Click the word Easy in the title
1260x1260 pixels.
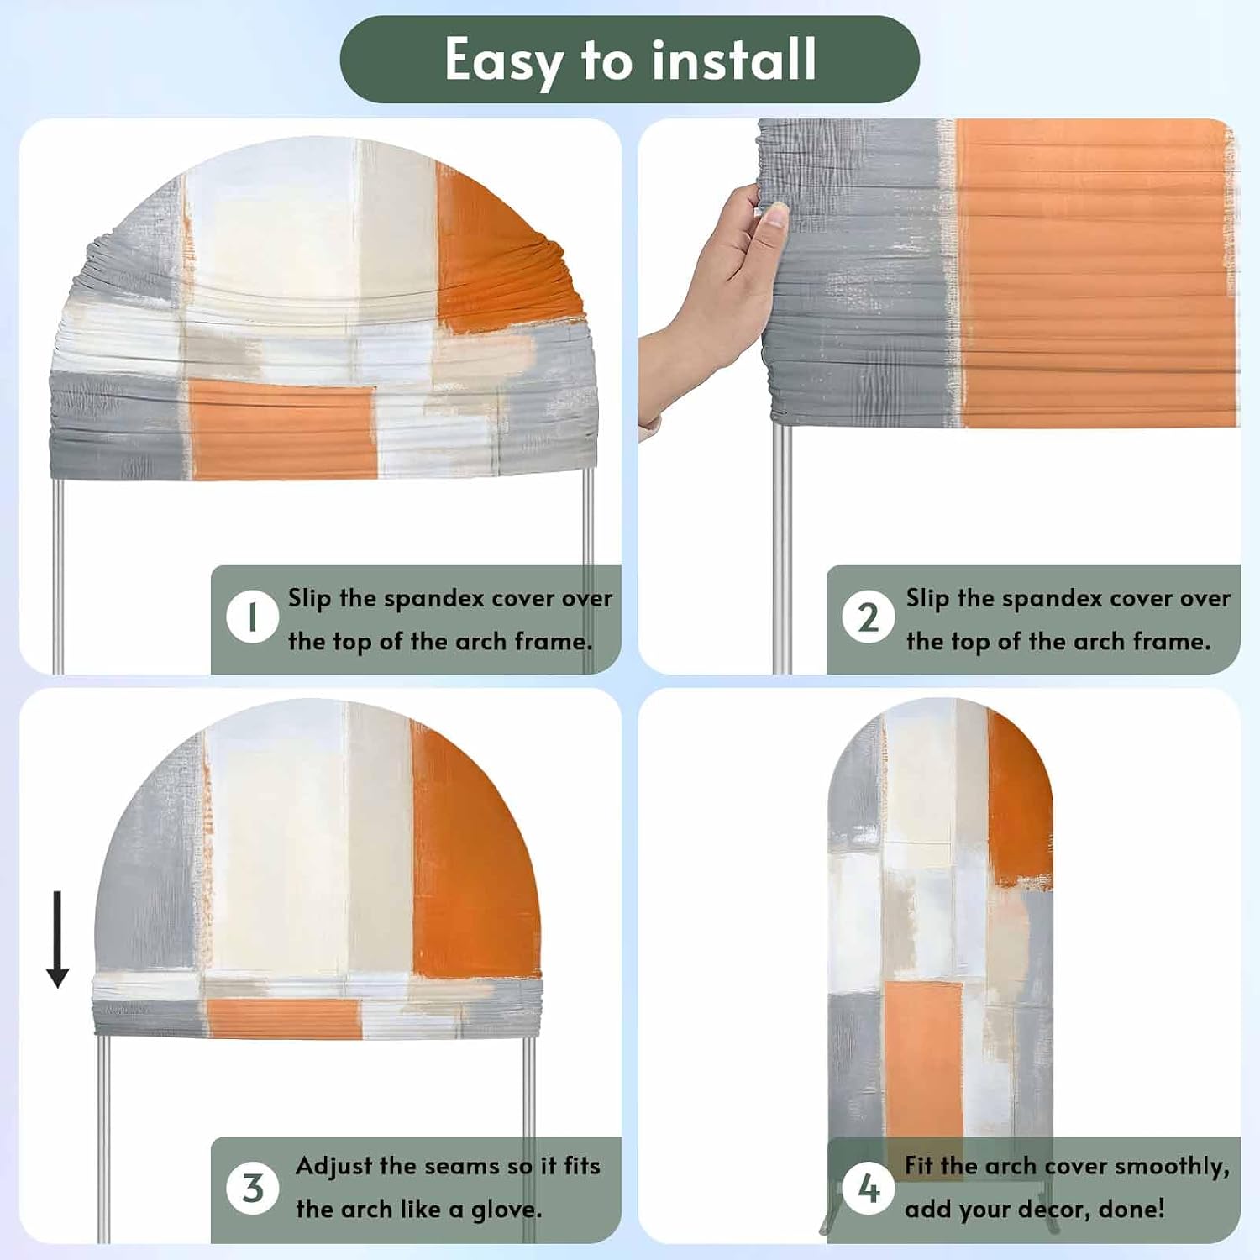click(503, 61)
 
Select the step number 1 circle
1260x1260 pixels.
click(252, 617)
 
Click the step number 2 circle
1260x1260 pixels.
click(869, 617)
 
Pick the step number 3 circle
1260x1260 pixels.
click(252, 1188)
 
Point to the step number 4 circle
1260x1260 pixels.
click(869, 1188)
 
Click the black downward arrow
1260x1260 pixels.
click(57, 939)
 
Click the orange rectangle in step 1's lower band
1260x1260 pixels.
click(283, 429)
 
